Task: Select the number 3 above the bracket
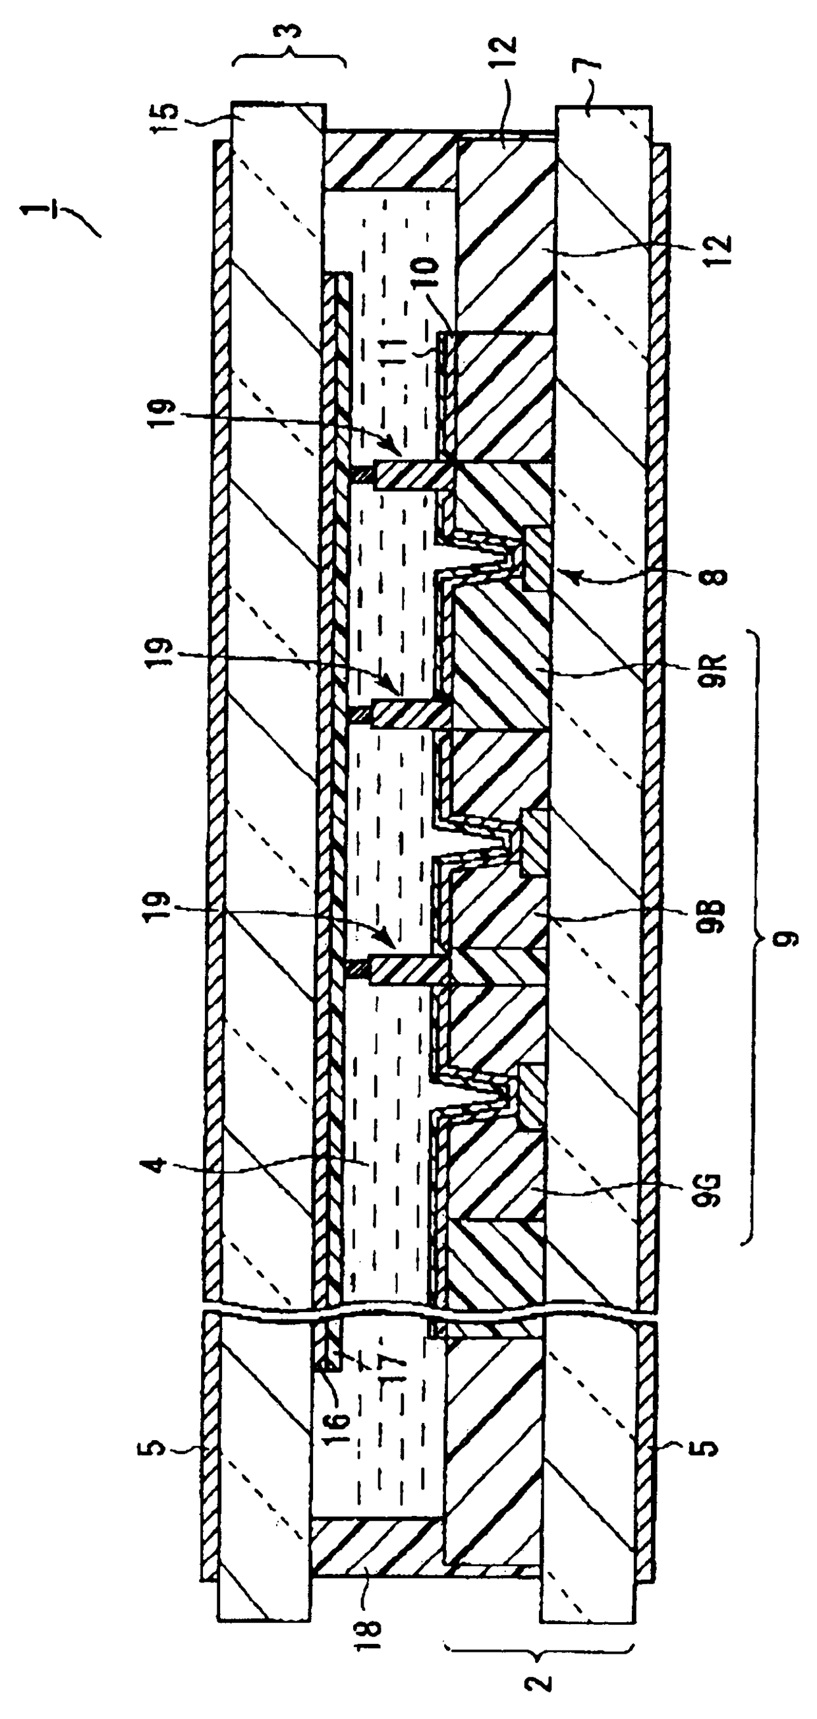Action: pos(292,31)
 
